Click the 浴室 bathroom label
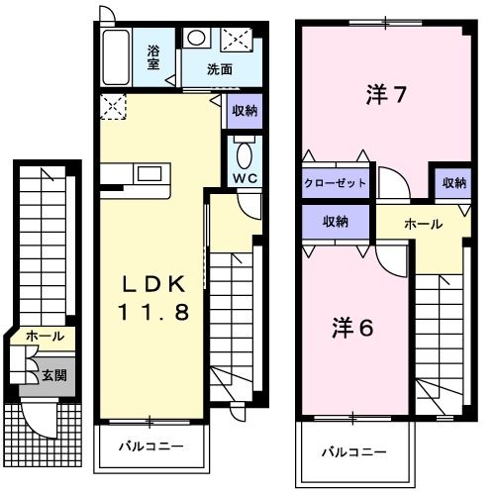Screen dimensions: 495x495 coord(154,57)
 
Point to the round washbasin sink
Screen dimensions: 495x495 coord(196,38)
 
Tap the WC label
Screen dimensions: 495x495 coord(245,178)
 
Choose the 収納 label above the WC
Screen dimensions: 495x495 coord(245,111)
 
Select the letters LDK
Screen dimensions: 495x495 coord(152,284)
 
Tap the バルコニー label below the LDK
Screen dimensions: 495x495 coord(151,446)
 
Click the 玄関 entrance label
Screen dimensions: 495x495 coord(54,375)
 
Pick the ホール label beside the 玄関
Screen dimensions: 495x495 coord(45,337)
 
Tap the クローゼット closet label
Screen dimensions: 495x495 coord(337,183)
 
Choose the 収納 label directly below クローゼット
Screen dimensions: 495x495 coord(337,222)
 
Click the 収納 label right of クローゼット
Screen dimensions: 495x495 coord(454,182)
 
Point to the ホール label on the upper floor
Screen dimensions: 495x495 coord(423,225)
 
